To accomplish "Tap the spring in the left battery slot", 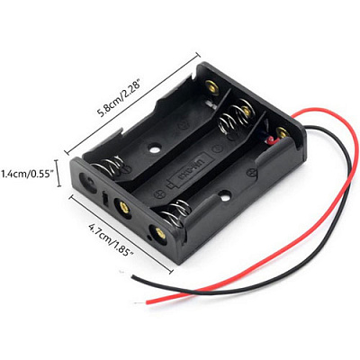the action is (x=109, y=166).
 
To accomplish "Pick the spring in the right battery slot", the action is (x=175, y=212).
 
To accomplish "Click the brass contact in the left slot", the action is (x=212, y=86).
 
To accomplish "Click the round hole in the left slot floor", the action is (x=155, y=148).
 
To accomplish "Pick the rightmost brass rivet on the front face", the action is (x=160, y=233).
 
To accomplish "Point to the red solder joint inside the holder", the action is (x=271, y=139).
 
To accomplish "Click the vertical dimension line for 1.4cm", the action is (x=58, y=173).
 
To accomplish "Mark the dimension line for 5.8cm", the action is (x=131, y=103).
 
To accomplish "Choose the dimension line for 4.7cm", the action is (x=121, y=234).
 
